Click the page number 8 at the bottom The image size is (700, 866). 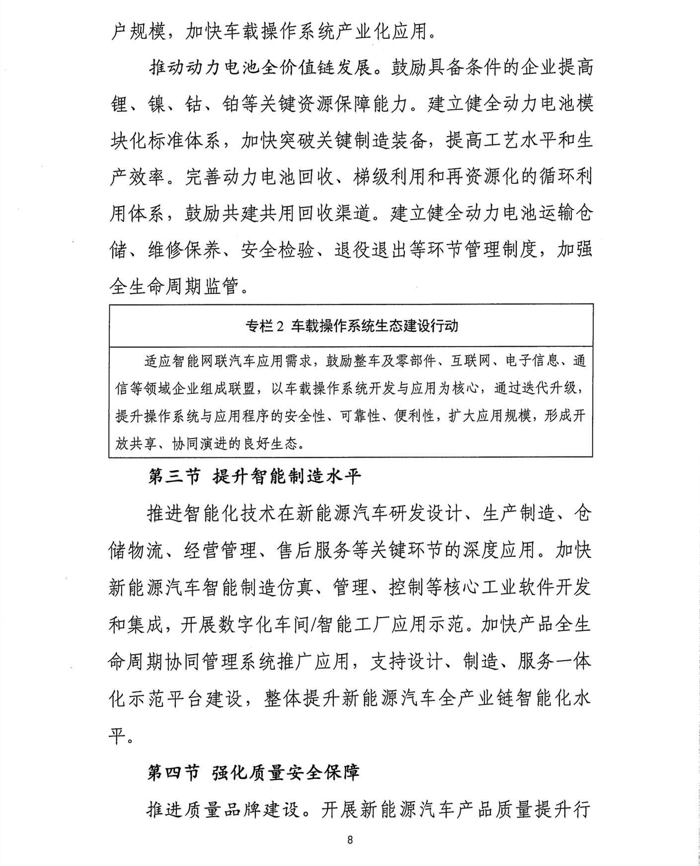pyautogui.click(x=350, y=840)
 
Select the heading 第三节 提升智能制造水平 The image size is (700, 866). pyautogui.click(x=255, y=477)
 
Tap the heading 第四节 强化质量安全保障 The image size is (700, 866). pyautogui.click(x=253, y=773)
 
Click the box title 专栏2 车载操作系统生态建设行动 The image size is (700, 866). pyautogui.click(x=351, y=326)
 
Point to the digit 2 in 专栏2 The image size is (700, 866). pyautogui.click(x=279, y=326)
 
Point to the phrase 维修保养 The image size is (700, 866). pyautogui.click(x=184, y=250)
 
